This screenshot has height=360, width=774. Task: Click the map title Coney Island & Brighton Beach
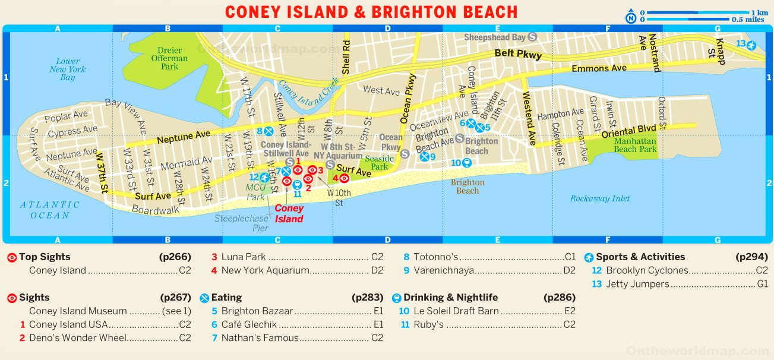[x=371, y=12]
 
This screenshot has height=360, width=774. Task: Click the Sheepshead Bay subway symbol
[x=532, y=37]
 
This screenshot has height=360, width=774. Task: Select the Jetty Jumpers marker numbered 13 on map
[x=751, y=45]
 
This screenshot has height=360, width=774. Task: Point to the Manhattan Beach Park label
[x=635, y=145]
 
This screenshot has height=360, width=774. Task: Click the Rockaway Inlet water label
[x=600, y=198]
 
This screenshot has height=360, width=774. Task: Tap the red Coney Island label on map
[x=289, y=213]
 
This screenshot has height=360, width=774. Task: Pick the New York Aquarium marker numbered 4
[x=343, y=178]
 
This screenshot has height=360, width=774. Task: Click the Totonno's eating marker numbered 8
[x=268, y=131]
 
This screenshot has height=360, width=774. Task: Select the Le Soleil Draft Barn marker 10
[x=467, y=163]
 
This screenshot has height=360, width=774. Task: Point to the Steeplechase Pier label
[x=241, y=223]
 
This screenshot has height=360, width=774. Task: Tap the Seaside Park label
[x=379, y=162]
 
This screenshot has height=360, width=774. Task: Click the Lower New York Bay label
[x=68, y=70]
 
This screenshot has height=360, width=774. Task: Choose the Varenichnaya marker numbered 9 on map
[x=424, y=157]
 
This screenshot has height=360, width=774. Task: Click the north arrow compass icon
[x=631, y=18]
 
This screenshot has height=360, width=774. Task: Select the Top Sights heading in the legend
[x=45, y=257]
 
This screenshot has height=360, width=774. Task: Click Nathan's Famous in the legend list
[x=260, y=338]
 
